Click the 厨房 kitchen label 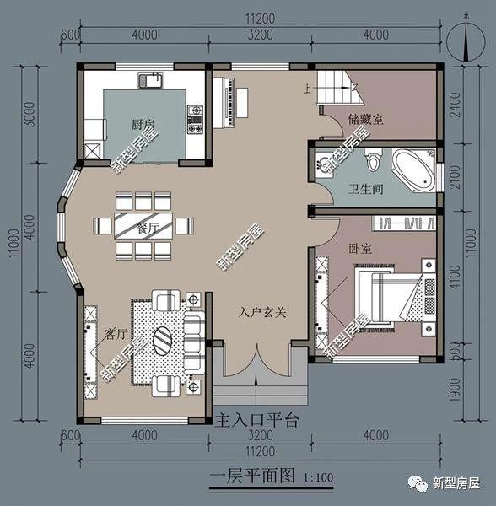click(143, 125)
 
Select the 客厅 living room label click(116, 333)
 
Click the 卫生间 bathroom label click(366, 190)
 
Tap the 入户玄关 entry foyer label click(261, 312)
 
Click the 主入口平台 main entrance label click(257, 419)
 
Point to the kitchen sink click(153, 81)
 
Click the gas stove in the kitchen click(195, 119)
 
